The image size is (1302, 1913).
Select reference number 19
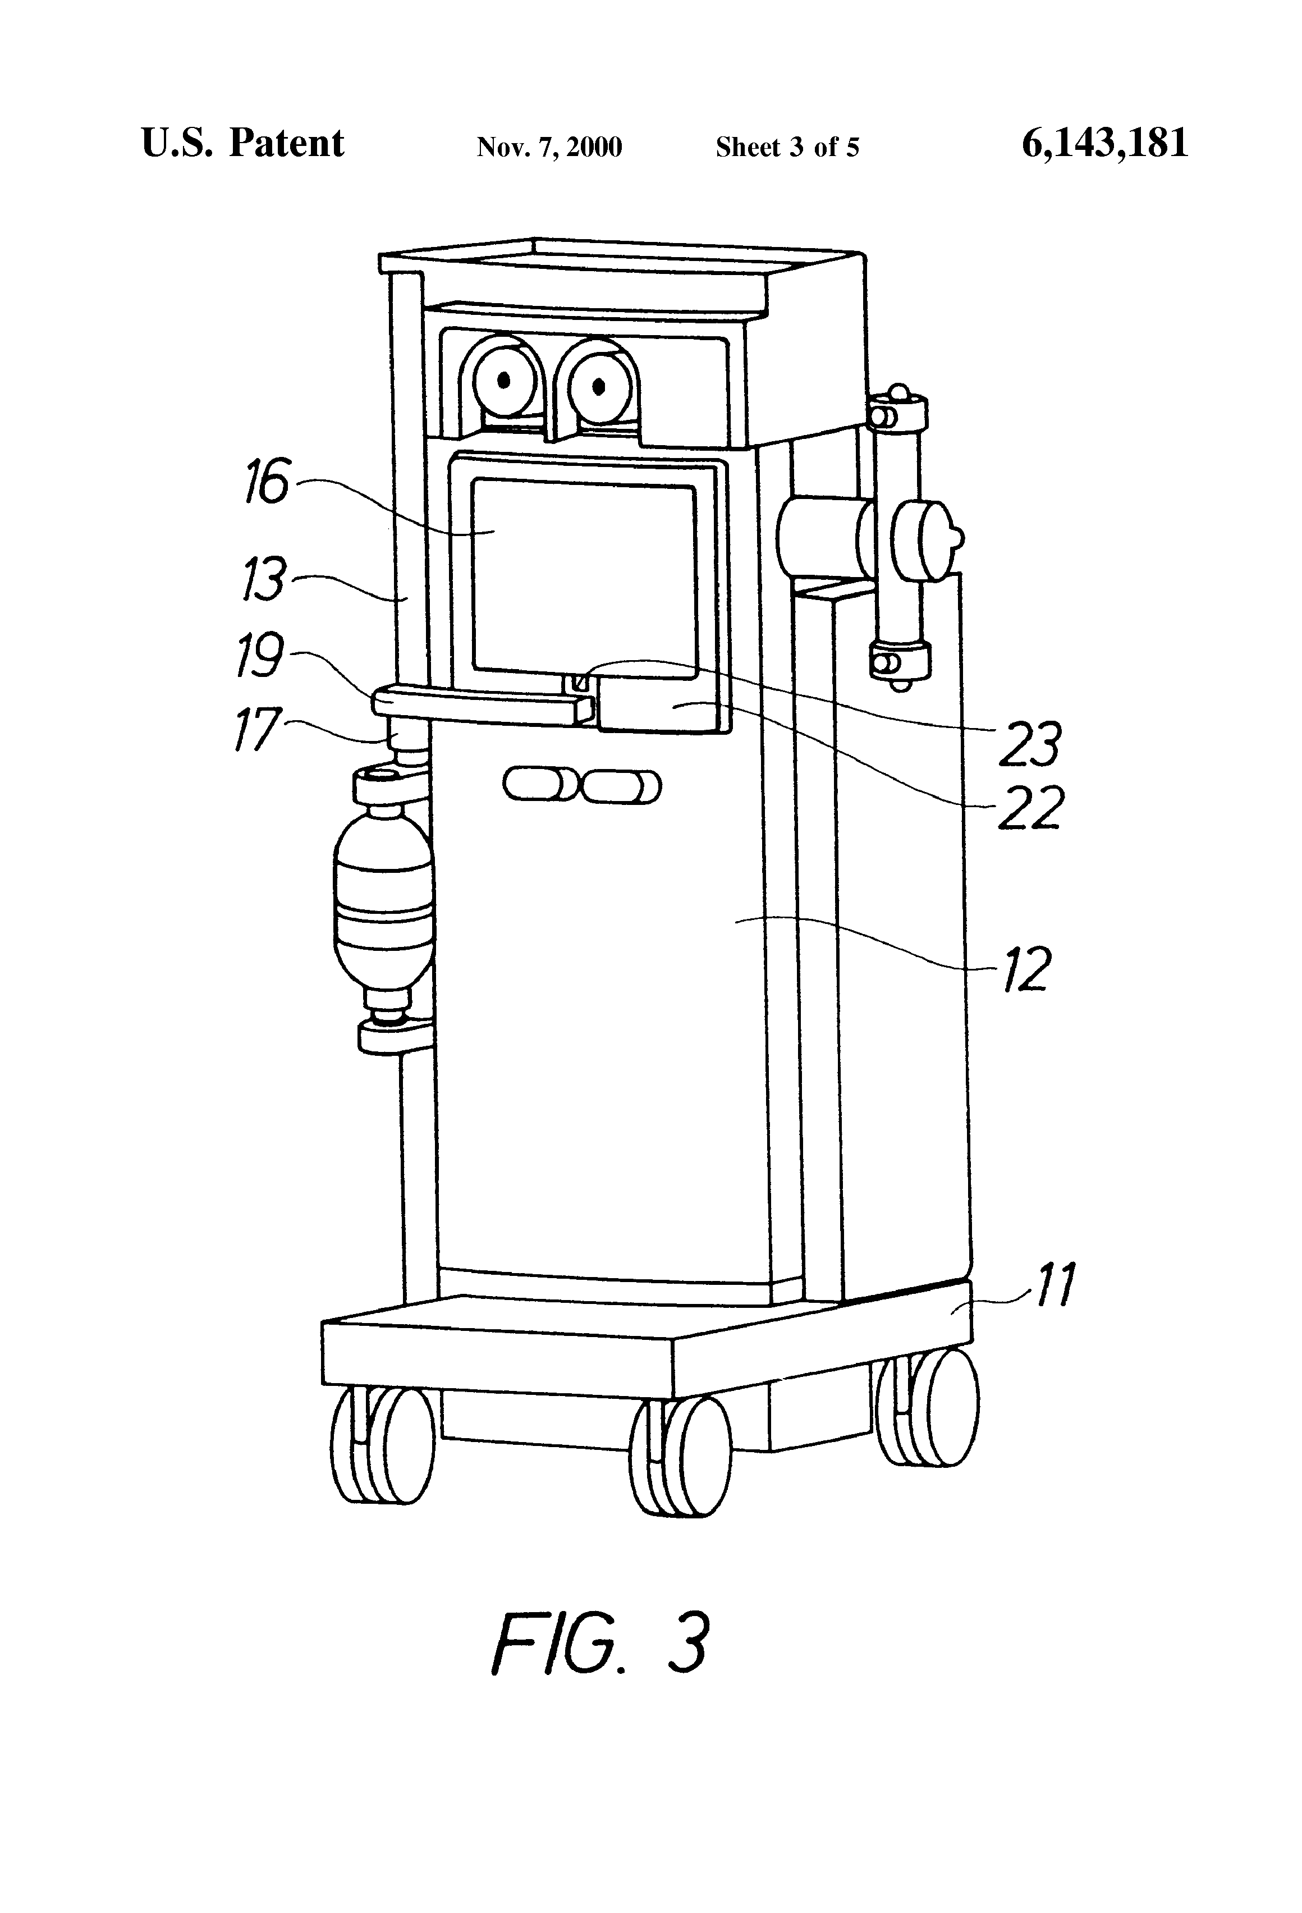pos(260,655)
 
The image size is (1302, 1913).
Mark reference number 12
pos(1026,969)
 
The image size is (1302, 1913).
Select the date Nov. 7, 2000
pos(549,147)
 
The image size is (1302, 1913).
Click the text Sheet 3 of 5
pos(787,147)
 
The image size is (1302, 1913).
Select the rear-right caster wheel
pos(928,1406)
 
